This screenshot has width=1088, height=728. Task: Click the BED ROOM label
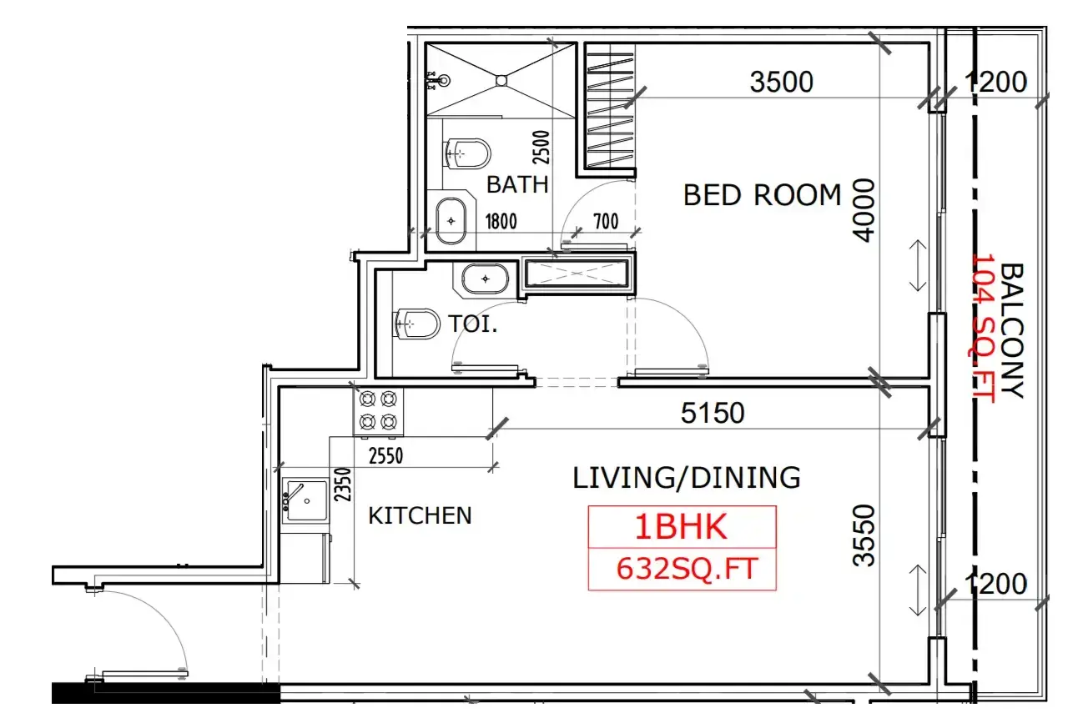762,195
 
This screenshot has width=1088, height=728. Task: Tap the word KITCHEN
421,515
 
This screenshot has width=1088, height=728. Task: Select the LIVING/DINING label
687,478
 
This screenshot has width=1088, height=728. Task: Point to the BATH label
517,185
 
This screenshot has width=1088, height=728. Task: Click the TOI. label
473,324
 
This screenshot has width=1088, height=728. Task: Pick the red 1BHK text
681,527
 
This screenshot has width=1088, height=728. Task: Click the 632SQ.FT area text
687,569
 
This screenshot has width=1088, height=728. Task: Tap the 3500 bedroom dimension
782,82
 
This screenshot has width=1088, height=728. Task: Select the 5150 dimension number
712,413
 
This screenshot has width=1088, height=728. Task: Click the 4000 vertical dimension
864,210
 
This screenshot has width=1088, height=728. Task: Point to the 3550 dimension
864,535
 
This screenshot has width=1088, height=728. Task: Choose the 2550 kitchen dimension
385,456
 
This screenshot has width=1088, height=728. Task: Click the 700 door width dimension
606,222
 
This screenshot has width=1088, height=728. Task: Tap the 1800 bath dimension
501,222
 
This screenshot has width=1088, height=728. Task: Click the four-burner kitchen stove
378,412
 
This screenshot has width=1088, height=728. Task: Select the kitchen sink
305,500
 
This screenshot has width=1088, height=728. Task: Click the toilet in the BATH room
466,153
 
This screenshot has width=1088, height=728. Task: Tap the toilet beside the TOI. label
416,324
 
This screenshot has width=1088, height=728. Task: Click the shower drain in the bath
501,80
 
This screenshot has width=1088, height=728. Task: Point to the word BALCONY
1013,331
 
